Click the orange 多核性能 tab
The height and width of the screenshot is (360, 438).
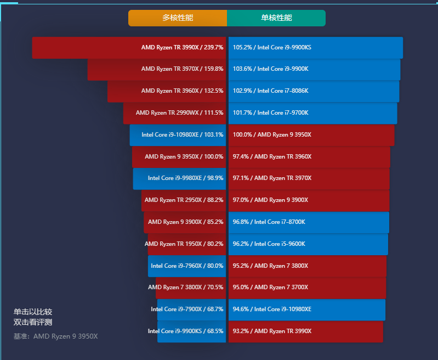(178, 18)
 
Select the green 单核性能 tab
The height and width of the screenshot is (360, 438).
(276, 18)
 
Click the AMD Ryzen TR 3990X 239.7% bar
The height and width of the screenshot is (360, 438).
(129, 48)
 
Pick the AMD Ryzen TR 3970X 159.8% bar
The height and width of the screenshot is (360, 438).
(157, 69)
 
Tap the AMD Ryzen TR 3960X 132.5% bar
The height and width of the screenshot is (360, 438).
(167, 91)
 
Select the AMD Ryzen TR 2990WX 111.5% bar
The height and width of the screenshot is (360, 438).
(174, 113)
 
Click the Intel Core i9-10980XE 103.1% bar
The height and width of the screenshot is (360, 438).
(178, 135)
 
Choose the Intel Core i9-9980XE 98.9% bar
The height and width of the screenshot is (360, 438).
(179, 178)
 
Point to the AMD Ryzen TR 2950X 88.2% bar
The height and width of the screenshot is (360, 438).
(184, 200)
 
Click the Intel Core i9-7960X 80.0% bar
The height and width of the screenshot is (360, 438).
(187, 266)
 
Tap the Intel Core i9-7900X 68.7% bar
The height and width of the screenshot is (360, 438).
(191, 310)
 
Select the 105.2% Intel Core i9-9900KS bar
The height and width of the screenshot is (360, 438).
(316, 48)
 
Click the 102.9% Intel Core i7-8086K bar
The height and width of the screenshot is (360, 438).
(314, 91)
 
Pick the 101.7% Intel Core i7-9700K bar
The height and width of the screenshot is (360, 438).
(312, 113)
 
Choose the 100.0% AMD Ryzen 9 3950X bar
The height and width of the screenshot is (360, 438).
(311, 135)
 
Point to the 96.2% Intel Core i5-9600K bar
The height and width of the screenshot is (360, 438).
(308, 244)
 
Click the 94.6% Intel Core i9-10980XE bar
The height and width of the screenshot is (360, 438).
(307, 310)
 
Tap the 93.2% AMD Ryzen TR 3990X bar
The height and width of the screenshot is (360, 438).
(306, 331)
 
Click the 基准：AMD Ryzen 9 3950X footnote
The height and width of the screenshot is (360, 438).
(55, 336)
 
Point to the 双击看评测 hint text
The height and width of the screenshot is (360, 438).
(33, 322)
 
